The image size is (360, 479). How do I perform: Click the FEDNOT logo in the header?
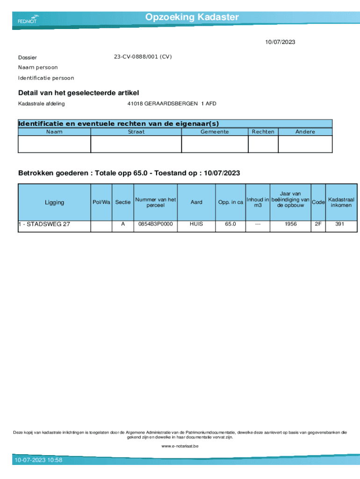[x=28, y=19]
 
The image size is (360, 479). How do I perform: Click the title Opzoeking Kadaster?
[x=192, y=17]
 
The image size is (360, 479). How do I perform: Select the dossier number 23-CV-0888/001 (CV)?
[x=143, y=57]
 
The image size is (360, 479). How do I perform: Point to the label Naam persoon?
[x=38, y=67]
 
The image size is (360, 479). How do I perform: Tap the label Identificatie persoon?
[x=46, y=78]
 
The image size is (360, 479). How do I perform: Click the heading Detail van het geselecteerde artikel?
[x=79, y=93]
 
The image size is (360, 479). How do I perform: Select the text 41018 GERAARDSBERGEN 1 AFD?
[x=172, y=103]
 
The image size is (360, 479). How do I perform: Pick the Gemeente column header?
[x=215, y=132]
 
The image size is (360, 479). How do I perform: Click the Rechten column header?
[x=263, y=132]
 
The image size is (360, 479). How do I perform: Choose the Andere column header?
[x=305, y=132]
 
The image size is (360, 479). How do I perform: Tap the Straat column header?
[x=136, y=132]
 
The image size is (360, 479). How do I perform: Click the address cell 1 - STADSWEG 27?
[x=44, y=224]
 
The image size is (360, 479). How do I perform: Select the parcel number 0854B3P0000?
[x=155, y=224]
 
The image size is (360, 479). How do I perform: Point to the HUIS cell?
[x=196, y=224]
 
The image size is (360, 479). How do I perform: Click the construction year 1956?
[x=290, y=224]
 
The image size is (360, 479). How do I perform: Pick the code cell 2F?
[x=318, y=224]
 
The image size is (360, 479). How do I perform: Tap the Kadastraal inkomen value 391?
[x=340, y=224]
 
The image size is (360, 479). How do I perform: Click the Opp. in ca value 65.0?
[x=230, y=224]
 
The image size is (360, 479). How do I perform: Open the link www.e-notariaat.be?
[x=180, y=446]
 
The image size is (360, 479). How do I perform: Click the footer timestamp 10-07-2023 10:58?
[x=38, y=460]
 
